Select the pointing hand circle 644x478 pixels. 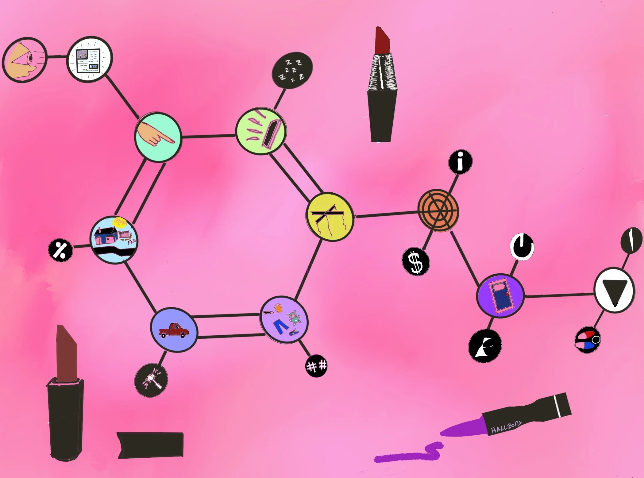[x=158, y=137]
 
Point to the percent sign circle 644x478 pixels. [x=60, y=250]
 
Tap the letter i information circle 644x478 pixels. [x=460, y=162]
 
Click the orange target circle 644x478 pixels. [x=438, y=211]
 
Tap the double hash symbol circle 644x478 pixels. [x=317, y=366]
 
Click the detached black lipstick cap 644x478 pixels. [x=150, y=445]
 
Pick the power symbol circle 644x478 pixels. [x=522, y=247]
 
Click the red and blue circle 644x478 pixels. [x=587, y=340]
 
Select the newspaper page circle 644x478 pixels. [x=89, y=59]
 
